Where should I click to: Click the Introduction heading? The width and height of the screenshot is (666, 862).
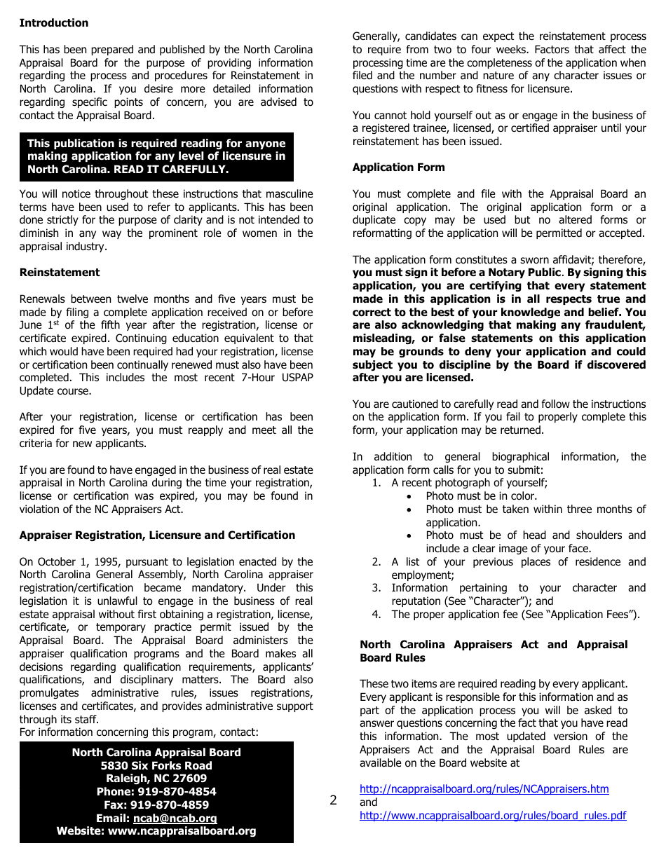pyautogui.click(x=54, y=23)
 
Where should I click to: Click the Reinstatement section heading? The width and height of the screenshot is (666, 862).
pyautogui.click(x=60, y=273)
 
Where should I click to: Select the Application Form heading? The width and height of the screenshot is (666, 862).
pyautogui.click(x=398, y=167)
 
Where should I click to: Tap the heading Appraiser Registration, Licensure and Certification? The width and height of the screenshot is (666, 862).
pyautogui.click(x=157, y=535)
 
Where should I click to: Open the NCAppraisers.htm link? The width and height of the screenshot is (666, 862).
pyautogui.click(x=484, y=789)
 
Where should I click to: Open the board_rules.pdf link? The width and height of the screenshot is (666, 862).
pyautogui.click(x=492, y=816)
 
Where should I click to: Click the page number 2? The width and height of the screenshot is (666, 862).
pyautogui.click(x=333, y=801)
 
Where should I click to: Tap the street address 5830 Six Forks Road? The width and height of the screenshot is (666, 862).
pyautogui.click(x=156, y=766)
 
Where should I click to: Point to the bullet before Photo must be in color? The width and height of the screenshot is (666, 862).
pyautogui.click(x=409, y=496)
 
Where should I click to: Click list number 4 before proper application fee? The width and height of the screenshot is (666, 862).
pyautogui.click(x=376, y=615)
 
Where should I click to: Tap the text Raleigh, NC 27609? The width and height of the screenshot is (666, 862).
pyautogui.click(x=156, y=779)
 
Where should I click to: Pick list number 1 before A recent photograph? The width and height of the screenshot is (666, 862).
pyautogui.click(x=376, y=483)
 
